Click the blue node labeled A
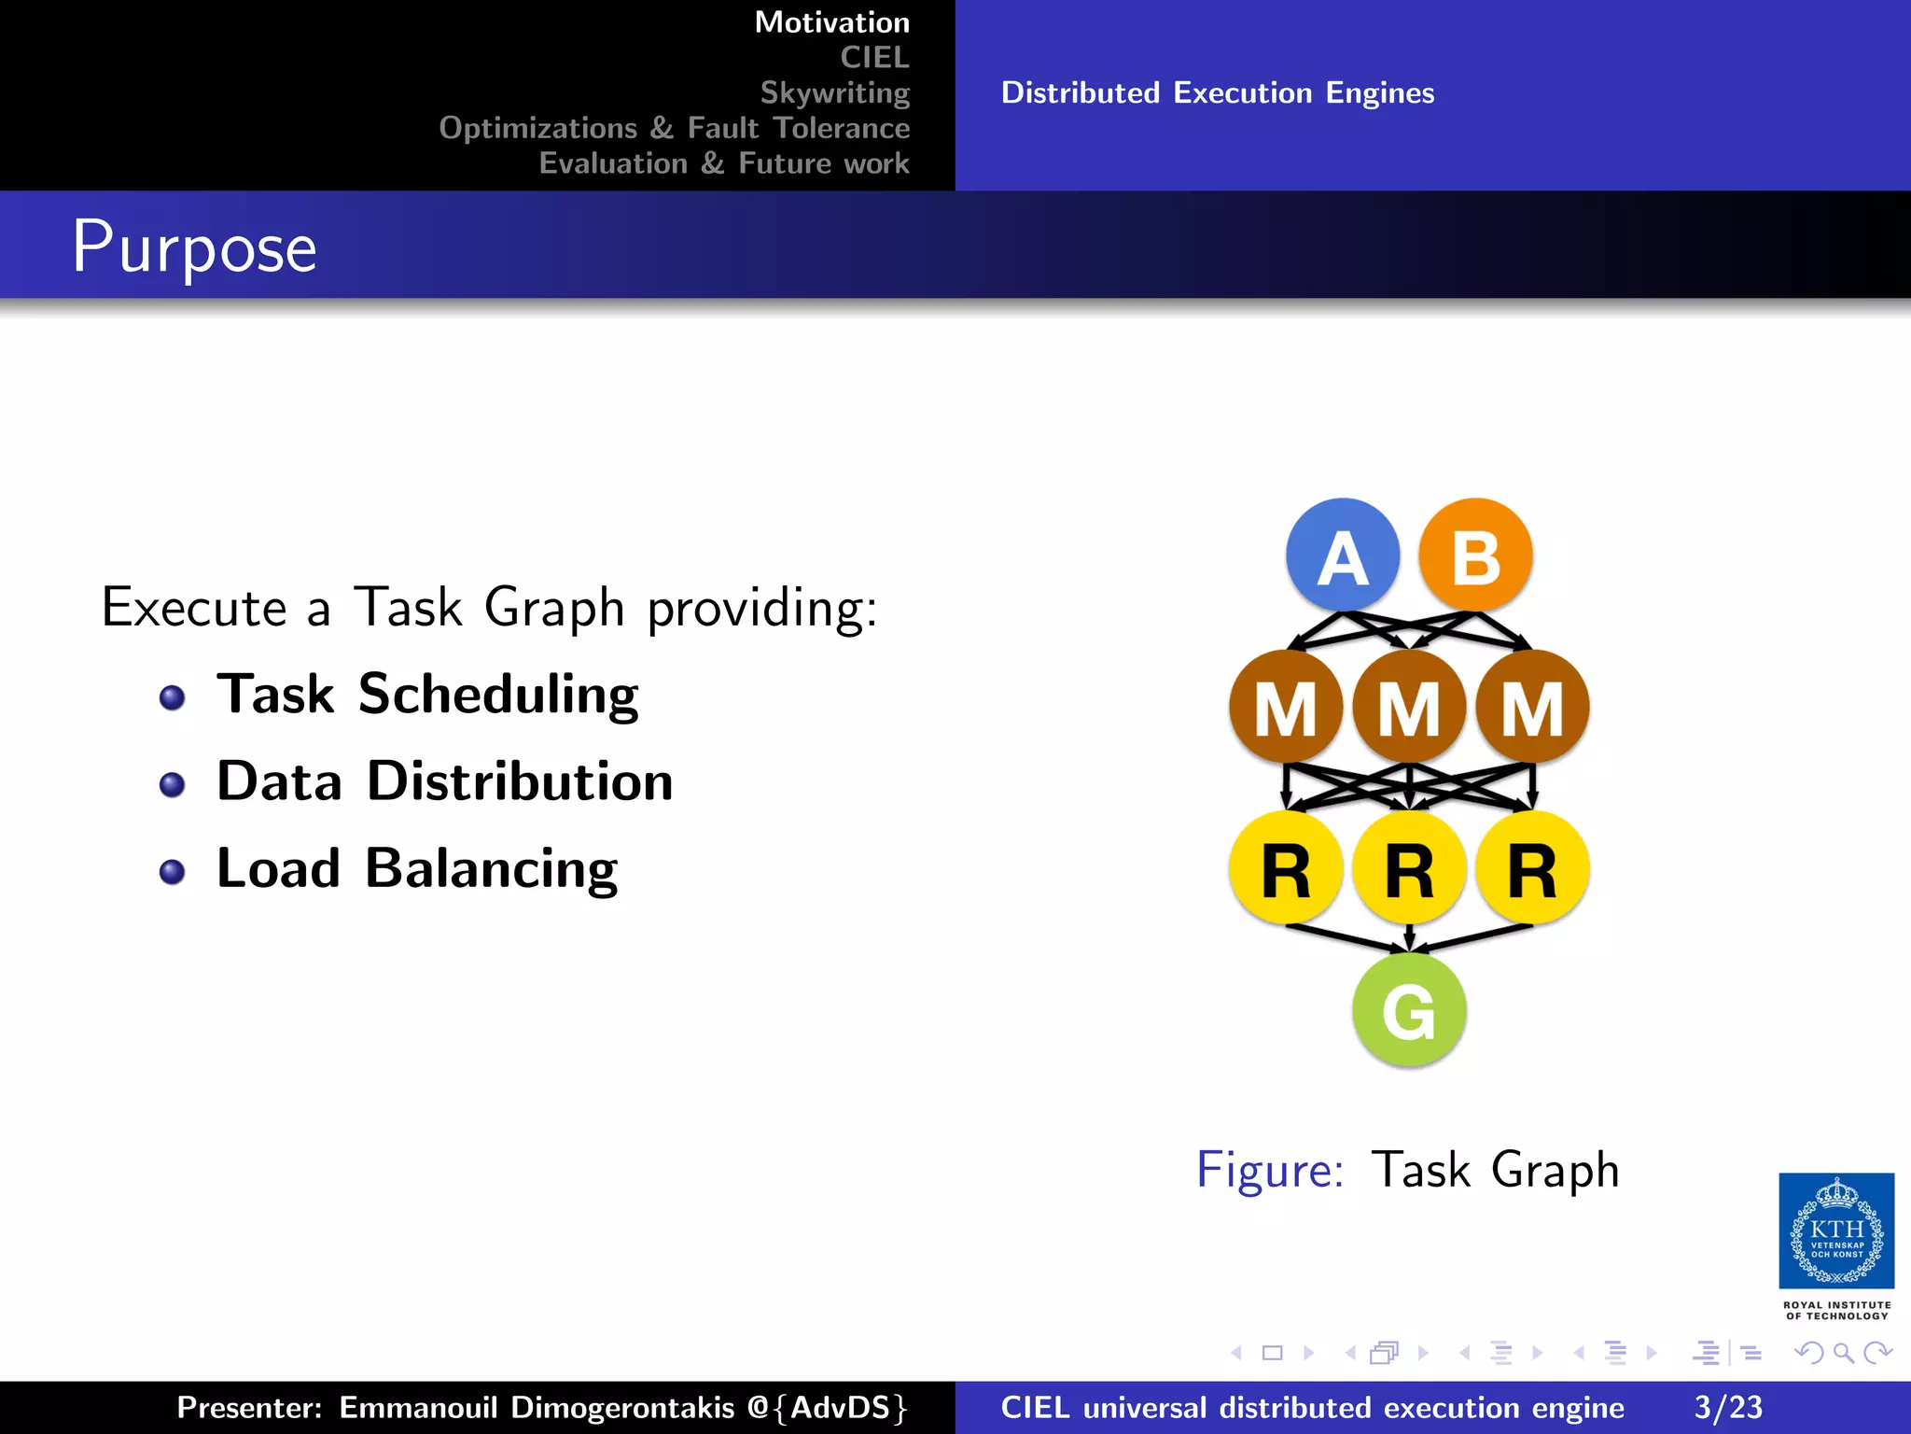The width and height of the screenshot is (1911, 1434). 1342,555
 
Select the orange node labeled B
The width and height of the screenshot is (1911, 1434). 1475,555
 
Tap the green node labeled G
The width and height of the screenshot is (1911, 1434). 1409,1010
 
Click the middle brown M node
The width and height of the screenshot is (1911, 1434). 1409,707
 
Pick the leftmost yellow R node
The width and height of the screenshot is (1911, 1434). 1286,868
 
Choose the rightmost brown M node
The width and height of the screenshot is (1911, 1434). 1532,707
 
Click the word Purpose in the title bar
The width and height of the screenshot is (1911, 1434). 195,247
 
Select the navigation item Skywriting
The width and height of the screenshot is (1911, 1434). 834,92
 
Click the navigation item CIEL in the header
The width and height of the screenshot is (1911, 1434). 874,57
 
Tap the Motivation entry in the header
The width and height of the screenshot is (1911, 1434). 831,21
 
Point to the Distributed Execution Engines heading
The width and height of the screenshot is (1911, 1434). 1217,92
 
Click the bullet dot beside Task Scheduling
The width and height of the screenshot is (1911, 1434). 172,697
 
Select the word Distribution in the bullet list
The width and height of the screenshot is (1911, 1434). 520,780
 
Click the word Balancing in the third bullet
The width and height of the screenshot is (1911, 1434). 491,868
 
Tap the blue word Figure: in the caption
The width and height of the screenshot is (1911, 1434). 1270,1169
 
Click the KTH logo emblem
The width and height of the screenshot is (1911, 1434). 1836,1230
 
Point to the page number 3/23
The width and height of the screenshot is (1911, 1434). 1728,1407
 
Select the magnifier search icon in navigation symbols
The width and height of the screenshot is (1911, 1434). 1843,1353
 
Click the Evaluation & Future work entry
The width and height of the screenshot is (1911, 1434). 724,163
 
